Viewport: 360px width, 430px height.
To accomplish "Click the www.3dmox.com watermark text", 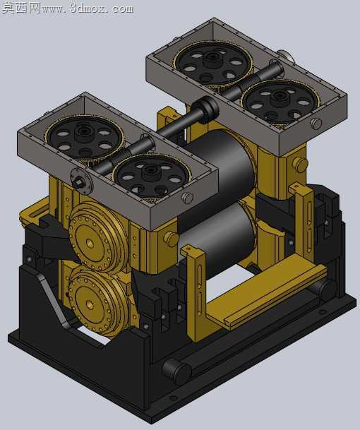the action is pos(88,8).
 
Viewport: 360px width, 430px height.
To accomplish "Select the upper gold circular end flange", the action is pos(98,237).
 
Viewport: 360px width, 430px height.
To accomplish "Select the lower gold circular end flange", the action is pos(98,301).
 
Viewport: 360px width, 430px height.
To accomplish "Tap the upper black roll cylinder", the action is pos(220,176).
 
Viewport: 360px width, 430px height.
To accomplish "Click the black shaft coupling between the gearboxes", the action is pos(205,109).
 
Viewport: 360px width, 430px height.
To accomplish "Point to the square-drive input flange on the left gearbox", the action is pos(81,181).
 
